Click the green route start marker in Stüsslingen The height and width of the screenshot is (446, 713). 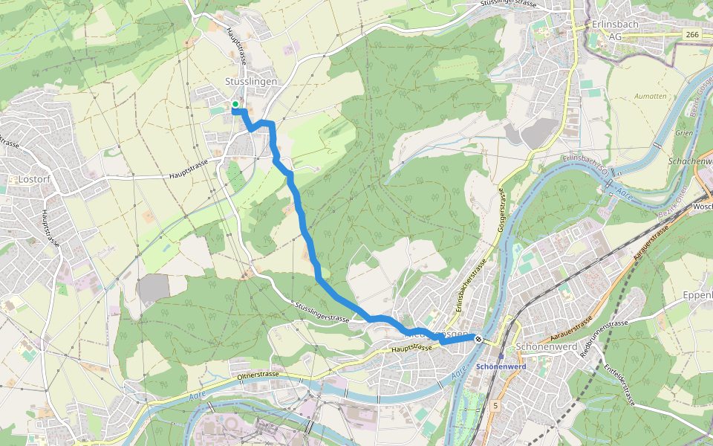click(235, 104)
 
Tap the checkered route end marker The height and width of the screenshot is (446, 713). click(478, 339)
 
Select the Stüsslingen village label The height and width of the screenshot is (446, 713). click(251, 81)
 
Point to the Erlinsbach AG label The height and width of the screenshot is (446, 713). click(613, 30)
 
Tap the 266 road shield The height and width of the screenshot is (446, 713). click(692, 34)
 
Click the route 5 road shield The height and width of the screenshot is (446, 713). click(495, 404)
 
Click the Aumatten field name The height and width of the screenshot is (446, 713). click(650, 97)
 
